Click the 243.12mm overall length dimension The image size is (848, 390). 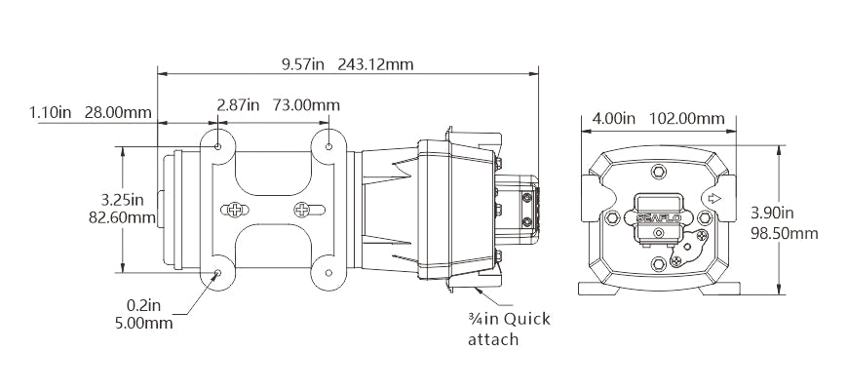pos(375,65)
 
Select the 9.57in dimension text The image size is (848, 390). pos(302,65)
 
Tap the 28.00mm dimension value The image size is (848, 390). pos(118,112)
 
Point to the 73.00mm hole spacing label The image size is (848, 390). pos(305,104)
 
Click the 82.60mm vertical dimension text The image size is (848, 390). pos(122,218)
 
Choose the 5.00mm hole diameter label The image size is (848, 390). pos(144,324)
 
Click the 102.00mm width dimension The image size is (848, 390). pos(686,118)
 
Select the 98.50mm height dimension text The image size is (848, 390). pos(785,234)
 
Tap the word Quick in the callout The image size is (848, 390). pos(526,319)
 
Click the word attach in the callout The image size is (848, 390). pos(493,339)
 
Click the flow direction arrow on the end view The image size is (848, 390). pos(714,198)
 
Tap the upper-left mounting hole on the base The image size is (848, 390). pos(218,146)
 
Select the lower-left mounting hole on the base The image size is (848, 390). pos(218,273)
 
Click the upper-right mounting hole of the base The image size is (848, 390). pos(328,146)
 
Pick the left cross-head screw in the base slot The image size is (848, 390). pos(234,210)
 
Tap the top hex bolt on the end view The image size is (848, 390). pos(658,172)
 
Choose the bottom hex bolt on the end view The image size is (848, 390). pos(658,264)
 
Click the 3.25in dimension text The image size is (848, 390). pos(123,200)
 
